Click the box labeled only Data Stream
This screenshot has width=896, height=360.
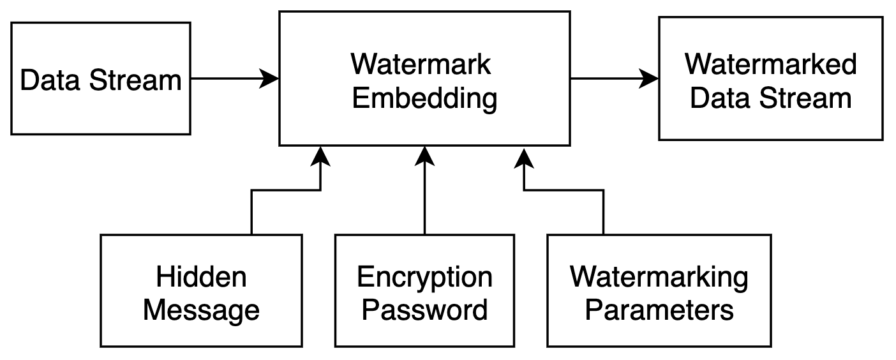click(x=100, y=79)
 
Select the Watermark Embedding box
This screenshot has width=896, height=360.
click(x=424, y=79)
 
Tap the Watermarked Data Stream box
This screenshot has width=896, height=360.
click(x=770, y=79)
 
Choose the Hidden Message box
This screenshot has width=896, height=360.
click(x=201, y=291)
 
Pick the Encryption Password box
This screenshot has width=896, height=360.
click(x=424, y=291)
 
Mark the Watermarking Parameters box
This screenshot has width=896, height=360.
click(x=659, y=291)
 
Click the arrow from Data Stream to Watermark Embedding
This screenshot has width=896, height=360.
click(x=233, y=79)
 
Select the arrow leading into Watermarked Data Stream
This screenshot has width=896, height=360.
click(x=613, y=79)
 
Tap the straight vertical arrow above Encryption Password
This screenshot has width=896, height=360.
click(x=424, y=191)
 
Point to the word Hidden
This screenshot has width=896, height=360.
click(x=201, y=278)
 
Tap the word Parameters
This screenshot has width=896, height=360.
click(x=659, y=310)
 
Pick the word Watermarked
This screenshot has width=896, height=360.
click(x=770, y=64)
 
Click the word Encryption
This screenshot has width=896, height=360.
click(x=424, y=278)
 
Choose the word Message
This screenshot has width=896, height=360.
click(x=201, y=310)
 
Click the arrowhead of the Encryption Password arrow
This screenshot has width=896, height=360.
click(x=424, y=155)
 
